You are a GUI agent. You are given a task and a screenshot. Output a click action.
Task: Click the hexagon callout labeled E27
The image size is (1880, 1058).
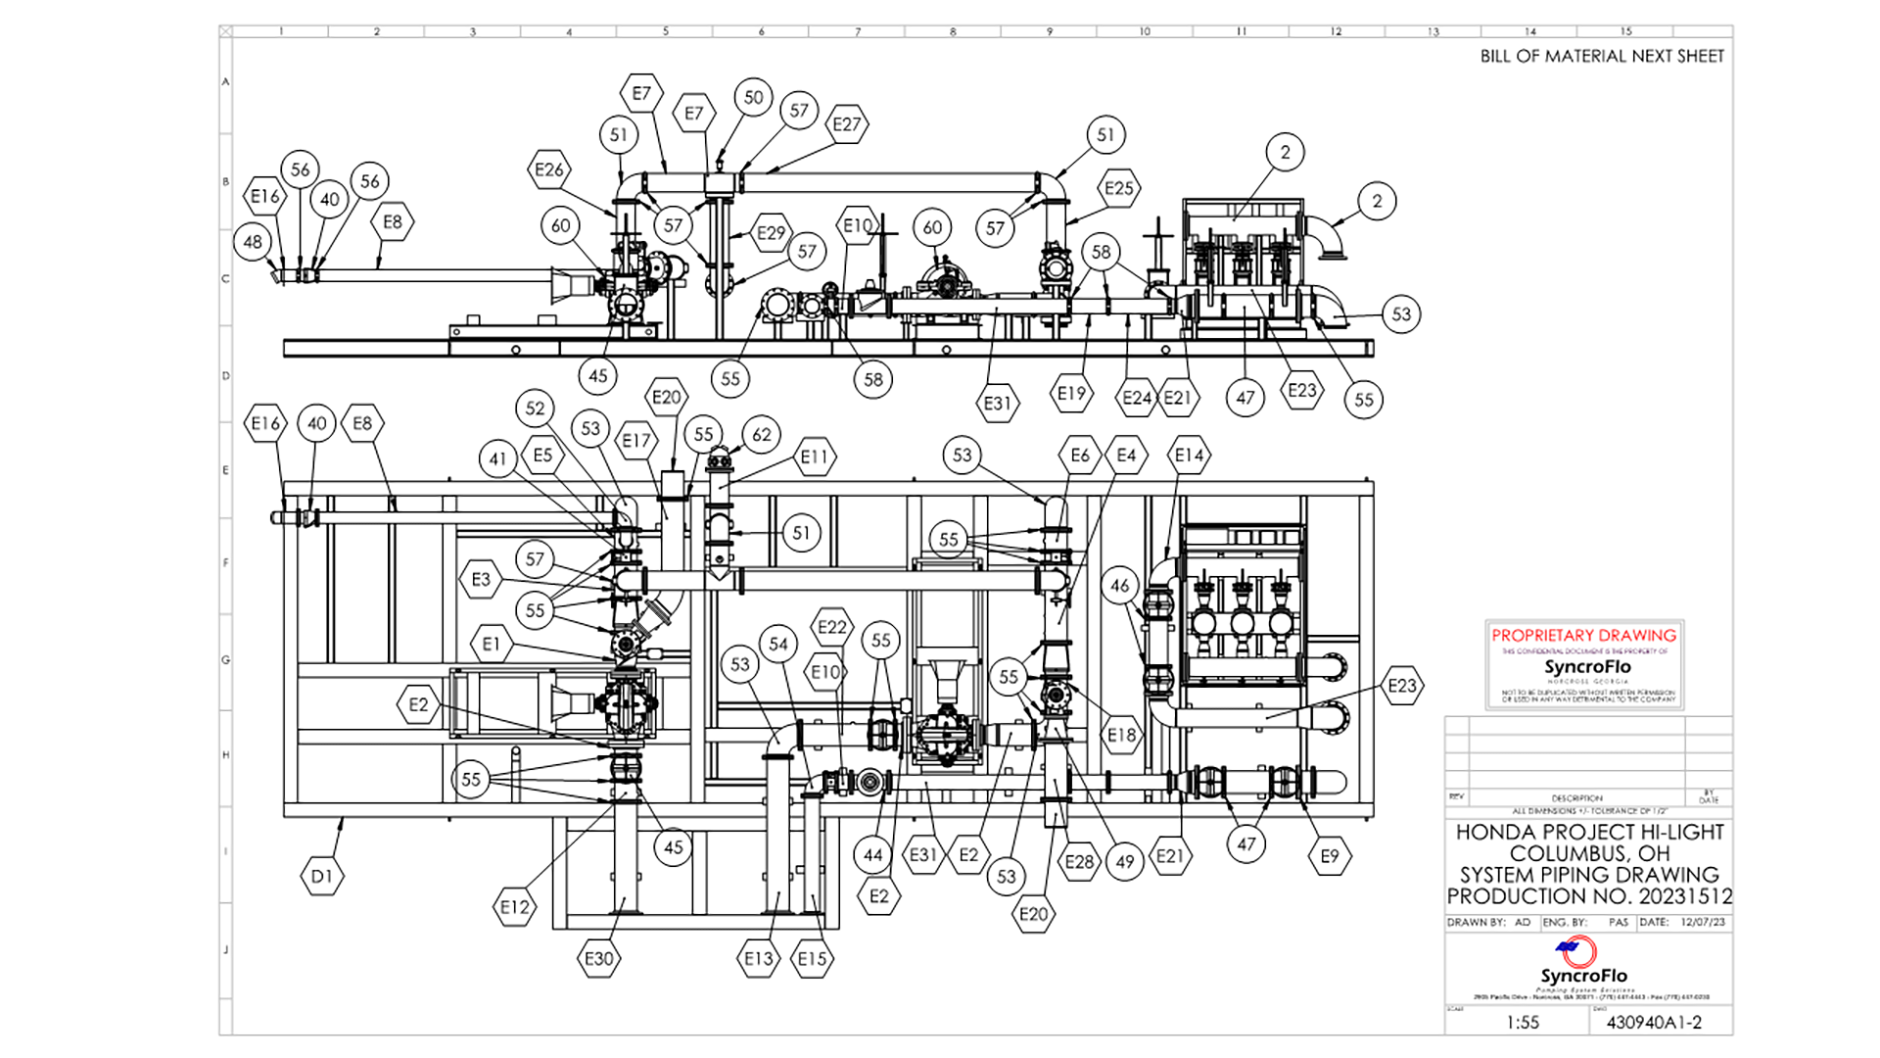847,124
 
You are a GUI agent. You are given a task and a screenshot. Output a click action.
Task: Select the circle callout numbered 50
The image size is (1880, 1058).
753,97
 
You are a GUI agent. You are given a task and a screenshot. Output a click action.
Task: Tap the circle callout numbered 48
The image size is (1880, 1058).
253,242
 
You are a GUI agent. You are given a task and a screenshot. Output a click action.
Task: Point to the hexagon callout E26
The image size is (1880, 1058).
549,169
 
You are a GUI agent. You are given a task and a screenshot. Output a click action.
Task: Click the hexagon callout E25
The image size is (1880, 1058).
1119,188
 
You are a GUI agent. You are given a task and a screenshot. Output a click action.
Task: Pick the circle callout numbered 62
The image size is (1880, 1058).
762,434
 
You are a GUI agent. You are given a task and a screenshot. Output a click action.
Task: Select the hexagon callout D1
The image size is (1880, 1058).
322,876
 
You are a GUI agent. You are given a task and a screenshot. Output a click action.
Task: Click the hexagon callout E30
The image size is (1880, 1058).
599,958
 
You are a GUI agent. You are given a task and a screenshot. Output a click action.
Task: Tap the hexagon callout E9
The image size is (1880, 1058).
1329,856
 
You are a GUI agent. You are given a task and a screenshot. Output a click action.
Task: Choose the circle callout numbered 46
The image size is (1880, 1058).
1120,586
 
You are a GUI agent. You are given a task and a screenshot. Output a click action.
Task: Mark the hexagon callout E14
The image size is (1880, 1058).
1190,455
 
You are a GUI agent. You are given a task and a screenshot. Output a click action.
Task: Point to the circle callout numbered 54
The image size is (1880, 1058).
778,644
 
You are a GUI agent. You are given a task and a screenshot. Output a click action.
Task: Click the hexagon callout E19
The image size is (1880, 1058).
1071,394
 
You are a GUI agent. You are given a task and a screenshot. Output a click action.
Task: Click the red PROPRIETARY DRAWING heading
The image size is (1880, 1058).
1583,635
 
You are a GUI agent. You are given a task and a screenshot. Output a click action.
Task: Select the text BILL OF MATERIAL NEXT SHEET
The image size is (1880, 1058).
1602,57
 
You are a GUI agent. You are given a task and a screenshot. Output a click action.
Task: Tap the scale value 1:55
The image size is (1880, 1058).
1523,1022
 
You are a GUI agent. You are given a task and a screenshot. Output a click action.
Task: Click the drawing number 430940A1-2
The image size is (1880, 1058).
1654,1022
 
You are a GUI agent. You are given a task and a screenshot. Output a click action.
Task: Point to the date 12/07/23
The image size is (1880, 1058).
1703,922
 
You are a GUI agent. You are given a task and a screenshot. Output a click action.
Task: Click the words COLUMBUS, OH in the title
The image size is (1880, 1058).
1588,853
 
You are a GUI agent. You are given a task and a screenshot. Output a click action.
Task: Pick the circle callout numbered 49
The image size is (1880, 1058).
1125,861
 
